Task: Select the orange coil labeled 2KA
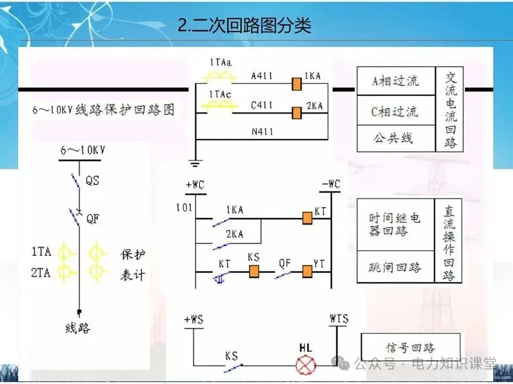click(296, 113)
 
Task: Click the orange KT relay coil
click(307, 218)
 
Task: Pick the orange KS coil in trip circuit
click(254, 271)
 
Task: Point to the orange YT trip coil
click(307, 271)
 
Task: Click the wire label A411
click(262, 76)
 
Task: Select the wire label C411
click(262, 106)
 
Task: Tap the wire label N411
click(262, 131)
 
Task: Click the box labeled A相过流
click(395, 82)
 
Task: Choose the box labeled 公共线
click(395, 138)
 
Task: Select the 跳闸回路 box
click(395, 267)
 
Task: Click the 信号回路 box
click(410, 348)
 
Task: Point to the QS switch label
click(92, 180)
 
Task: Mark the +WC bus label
click(195, 185)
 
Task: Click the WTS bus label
click(339, 319)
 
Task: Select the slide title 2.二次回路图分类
click(244, 25)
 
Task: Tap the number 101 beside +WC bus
click(183, 207)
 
